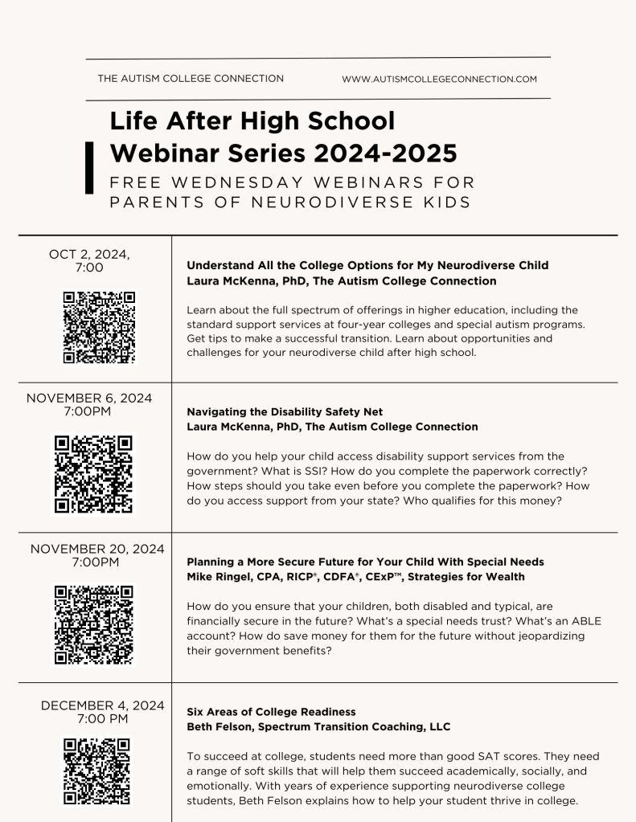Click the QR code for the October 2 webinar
coord(100,327)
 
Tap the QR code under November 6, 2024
coord(94,473)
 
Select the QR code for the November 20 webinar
coord(94,624)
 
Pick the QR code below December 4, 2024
coord(96,771)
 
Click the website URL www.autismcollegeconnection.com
coord(439,80)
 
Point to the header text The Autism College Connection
coord(191,79)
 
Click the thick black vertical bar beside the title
coord(89,167)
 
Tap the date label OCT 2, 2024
coord(89,254)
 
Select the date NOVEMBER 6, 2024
coord(89,398)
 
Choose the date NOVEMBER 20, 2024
coord(97,549)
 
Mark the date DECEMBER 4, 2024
coord(103,705)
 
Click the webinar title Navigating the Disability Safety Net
coord(285,412)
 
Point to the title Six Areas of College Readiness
coord(271,712)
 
